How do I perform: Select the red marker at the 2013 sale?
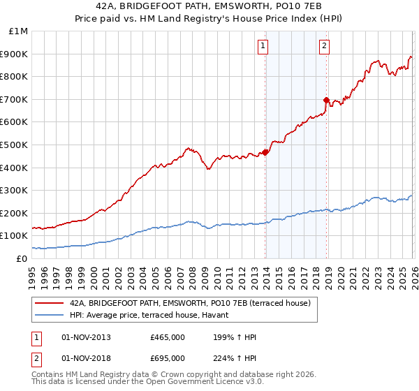tap(265, 153)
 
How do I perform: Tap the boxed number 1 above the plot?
tap(263, 47)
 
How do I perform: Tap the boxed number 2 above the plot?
tap(325, 47)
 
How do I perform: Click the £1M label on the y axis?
tap(19, 31)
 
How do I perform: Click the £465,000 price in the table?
tap(168, 337)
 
